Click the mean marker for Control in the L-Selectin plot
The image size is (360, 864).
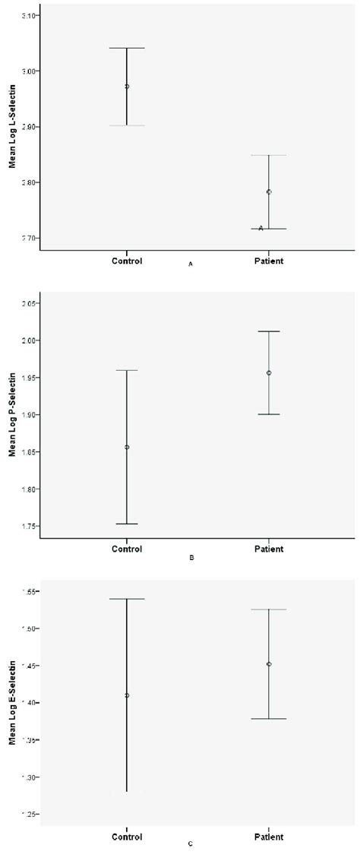pos(127,87)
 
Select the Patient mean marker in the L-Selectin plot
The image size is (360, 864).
pos(269,191)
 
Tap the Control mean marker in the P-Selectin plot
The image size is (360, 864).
pos(127,447)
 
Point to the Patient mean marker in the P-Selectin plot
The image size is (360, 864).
pos(269,373)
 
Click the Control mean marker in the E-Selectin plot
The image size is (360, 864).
pos(127,695)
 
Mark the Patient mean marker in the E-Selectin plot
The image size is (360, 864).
pos(269,664)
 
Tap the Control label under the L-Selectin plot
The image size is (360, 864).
pos(127,261)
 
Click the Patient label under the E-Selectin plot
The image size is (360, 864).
pos(269,837)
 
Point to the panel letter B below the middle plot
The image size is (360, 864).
pos(191,558)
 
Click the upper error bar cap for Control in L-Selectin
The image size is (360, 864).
pos(127,48)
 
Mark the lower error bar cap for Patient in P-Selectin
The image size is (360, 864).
pos(269,414)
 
